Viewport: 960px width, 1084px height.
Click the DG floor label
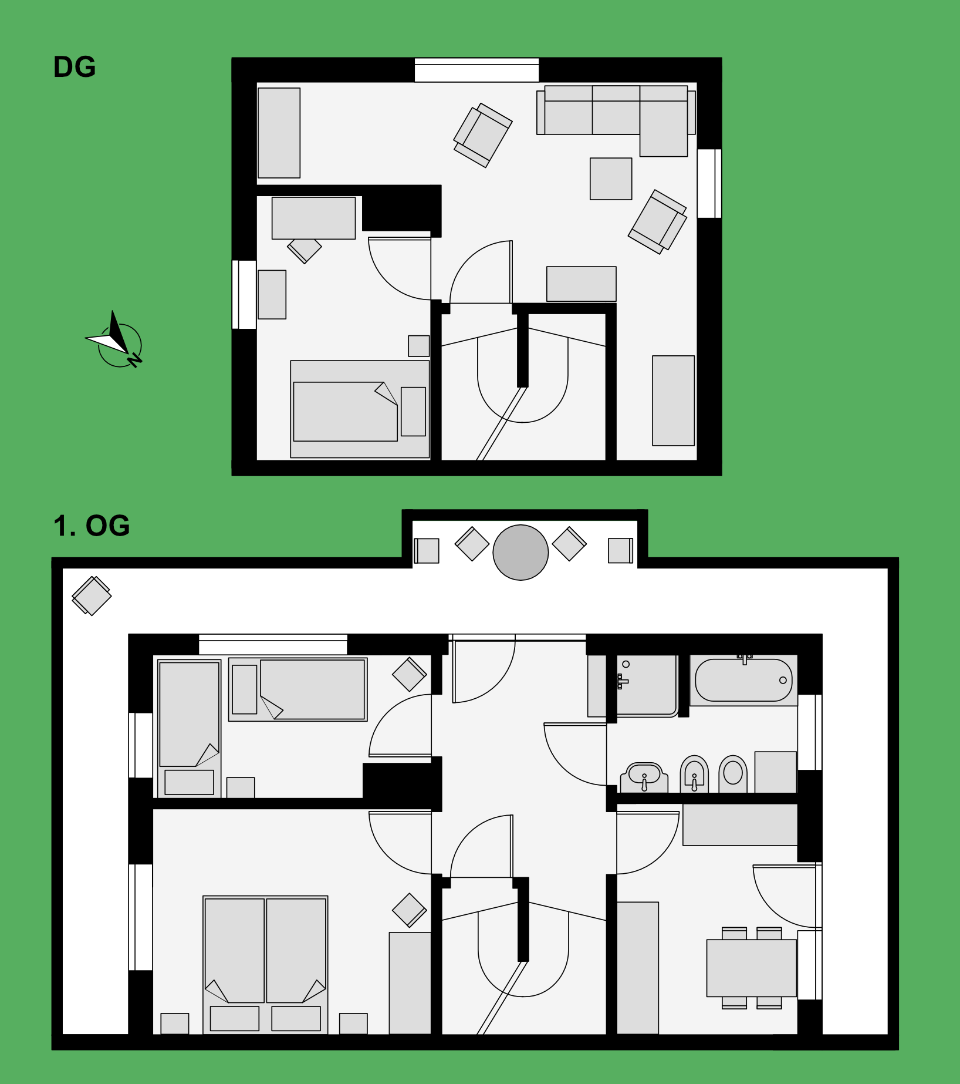75,67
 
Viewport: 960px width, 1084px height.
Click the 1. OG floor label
92,526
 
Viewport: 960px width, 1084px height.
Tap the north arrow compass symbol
116,340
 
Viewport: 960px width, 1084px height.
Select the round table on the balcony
520,553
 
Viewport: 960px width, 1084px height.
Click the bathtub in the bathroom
743,680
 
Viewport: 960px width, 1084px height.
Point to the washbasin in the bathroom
644,777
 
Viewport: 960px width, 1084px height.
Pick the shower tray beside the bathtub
645,685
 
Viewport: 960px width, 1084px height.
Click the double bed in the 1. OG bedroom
265,964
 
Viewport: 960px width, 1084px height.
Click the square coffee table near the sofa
611,179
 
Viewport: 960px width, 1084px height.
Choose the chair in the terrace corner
92,595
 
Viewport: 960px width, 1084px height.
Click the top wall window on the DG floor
476,70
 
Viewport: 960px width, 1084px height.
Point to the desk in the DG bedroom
313,218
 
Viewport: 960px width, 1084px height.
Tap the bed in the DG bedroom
360,409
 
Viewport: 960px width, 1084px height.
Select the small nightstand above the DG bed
419,346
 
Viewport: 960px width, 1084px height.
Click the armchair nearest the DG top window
482,135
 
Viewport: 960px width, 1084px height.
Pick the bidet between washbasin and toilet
694,774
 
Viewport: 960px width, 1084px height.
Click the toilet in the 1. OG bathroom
733,774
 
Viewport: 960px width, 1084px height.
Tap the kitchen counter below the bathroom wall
740,824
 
